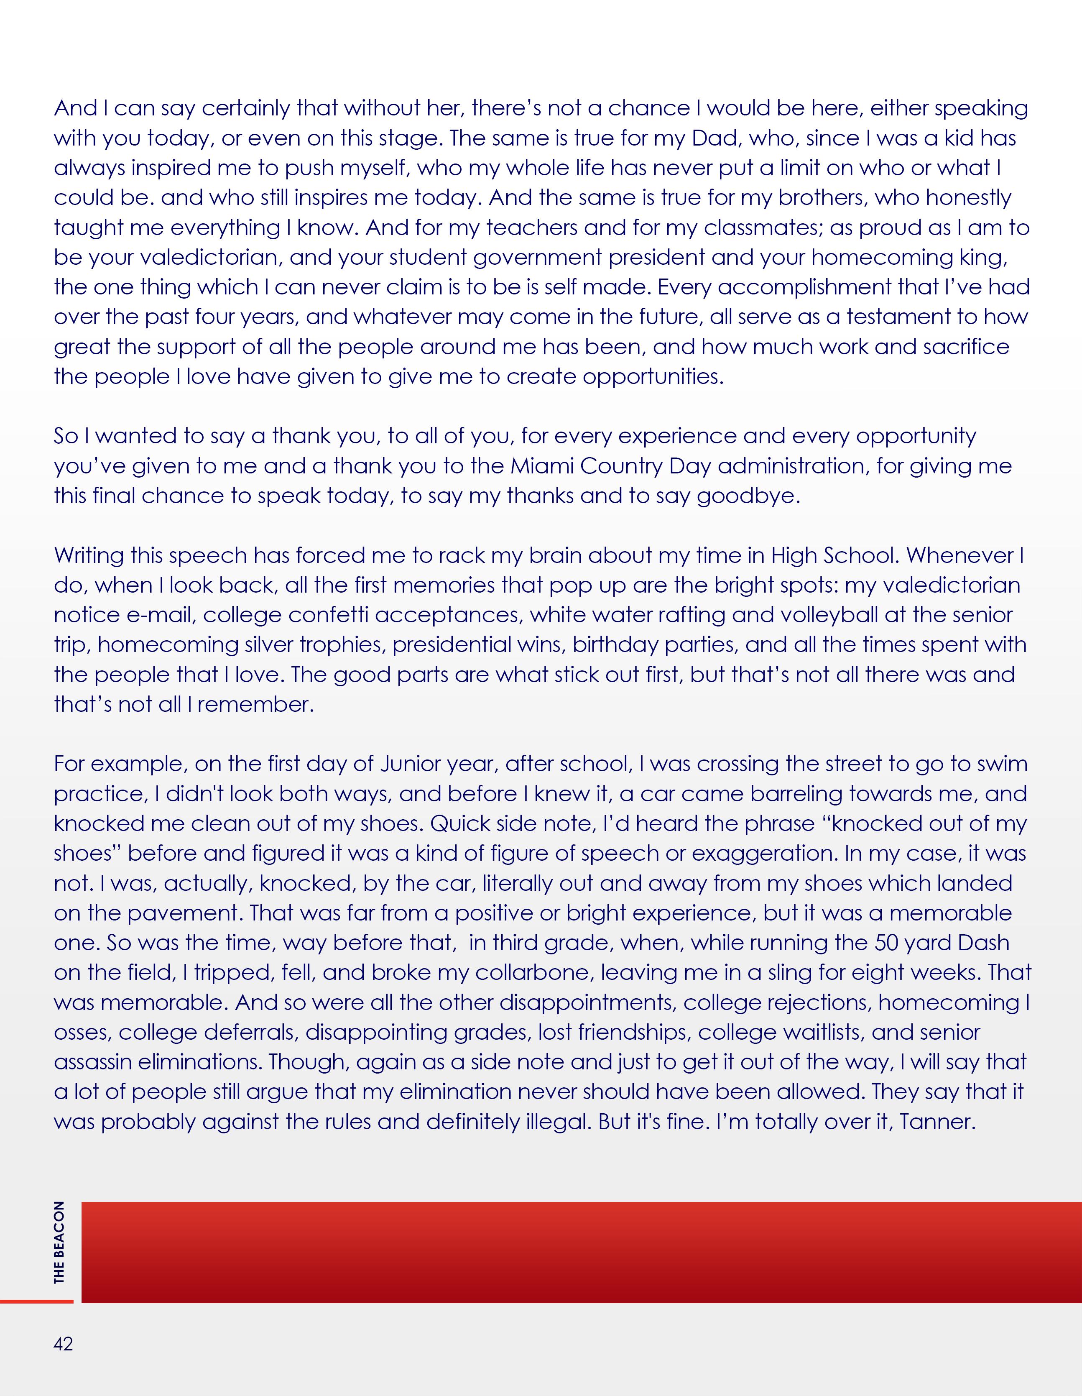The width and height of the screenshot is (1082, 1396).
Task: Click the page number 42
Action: click(63, 1344)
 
